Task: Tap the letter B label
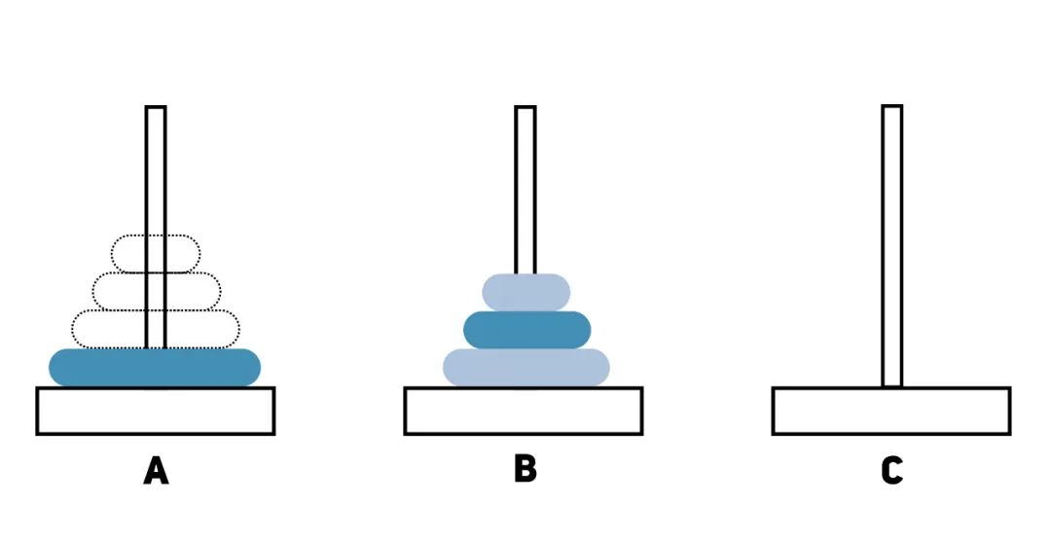tap(525, 468)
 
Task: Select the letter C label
tap(891, 470)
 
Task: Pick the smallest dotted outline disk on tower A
tap(127, 253)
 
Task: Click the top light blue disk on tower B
tap(525, 292)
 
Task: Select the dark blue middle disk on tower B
tap(526, 330)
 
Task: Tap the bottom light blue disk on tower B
tap(526, 367)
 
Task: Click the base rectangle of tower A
tap(156, 411)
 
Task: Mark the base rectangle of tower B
tap(524, 411)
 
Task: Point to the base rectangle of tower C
tap(891, 411)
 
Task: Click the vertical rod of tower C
tap(892, 243)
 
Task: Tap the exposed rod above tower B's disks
tap(525, 195)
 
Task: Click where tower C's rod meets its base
tap(892, 384)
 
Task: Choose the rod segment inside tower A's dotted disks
tap(156, 292)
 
